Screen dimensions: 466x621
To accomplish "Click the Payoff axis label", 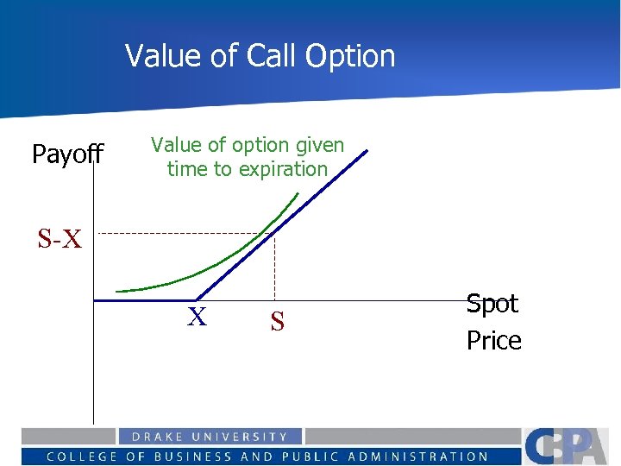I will pyautogui.click(x=67, y=154).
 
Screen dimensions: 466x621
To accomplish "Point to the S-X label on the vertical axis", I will pyautogui.click(x=60, y=239).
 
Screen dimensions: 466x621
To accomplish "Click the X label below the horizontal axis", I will pyautogui.click(x=198, y=318).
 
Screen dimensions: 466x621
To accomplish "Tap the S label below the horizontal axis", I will pyautogui.click(x=277, y=322).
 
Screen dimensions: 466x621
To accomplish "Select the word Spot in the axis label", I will pyautogui.click(x=492, y=304).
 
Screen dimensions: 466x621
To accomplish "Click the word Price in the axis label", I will pyautogui.click(x=494, y=341).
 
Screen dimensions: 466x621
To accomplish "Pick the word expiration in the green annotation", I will pyautogui.click(x=284, y=169).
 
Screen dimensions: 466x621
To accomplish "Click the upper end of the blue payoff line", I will pyautogui.click(x=366, y=152).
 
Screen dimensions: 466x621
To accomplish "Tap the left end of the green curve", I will pyautogui.click(x=117, y=292).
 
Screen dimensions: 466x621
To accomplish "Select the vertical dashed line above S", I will pyautogui.click(x=274, y=268).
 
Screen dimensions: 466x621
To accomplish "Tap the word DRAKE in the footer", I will pyautogui.click(x=155, y=438).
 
